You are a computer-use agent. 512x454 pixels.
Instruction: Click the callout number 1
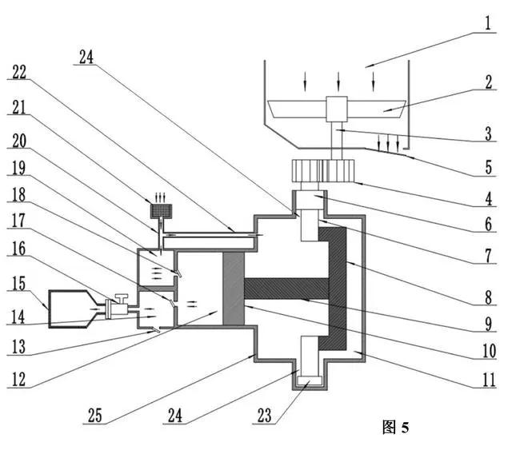point(488,23)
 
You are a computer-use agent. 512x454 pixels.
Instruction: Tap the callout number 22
point(19,72)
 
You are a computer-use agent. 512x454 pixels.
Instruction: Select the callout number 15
point(18,283)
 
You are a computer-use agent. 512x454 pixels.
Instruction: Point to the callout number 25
point(94,415)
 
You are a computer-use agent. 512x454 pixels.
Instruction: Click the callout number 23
point(265,415)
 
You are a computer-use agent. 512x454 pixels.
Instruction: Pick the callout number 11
point(489,380)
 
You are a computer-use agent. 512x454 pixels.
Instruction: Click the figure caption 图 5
point(395,427)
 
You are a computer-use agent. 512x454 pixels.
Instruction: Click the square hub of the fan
point(336,109)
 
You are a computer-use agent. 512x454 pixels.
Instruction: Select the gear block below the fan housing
point(323,170)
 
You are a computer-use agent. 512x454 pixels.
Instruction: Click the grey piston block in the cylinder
point(233,289)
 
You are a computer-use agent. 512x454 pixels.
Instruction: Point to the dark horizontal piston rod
point(286,289)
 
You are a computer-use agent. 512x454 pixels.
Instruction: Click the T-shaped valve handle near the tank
point(122,299)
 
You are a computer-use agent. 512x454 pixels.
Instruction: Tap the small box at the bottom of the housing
point(310,380)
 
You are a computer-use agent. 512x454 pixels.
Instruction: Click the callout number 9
point(488,324)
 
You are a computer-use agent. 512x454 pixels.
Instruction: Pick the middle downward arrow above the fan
point(338,82)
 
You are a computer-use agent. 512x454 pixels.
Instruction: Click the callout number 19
point(18,168)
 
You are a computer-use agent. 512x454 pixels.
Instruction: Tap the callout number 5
point(488,167)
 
